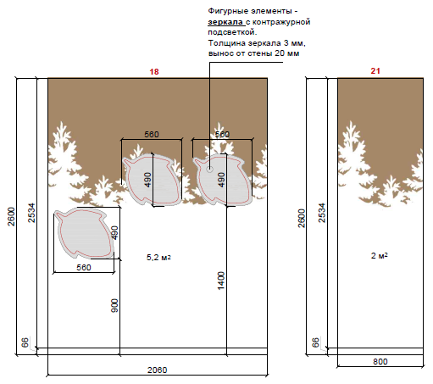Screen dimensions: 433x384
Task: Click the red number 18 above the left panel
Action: (x=154, y=72)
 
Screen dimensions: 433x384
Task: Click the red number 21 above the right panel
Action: (x=375, y=71)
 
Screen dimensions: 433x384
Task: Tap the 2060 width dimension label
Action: (x=158, y=370)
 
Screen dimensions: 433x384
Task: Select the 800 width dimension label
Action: (x=380, y=361)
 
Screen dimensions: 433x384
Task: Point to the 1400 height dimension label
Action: (x=221, y=281)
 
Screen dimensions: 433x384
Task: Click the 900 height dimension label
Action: (x=114, y=305)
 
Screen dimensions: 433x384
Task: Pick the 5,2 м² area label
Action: (x=158, y=257)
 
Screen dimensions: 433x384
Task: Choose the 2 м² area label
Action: (x=379, y=255)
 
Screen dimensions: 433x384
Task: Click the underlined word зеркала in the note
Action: (x=225, y=22)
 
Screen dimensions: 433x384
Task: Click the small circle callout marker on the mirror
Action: (x=209, y=169)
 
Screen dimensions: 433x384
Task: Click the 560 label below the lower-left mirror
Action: (x=84, y=267)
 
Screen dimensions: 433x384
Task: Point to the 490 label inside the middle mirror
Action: (x=148, y=180)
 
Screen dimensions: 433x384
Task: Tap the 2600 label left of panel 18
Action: (x=11, y=216)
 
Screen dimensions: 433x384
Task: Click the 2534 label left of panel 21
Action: (x=322, y=213)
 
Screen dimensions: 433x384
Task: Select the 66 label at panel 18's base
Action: (x=25, y=342)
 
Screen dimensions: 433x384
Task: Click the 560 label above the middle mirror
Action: (x=152, y=134)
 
